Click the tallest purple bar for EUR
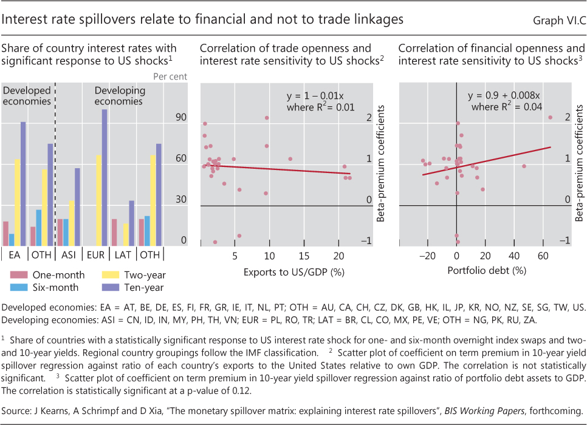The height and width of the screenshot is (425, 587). click(104, 177)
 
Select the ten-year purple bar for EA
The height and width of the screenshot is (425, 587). click(23, 183)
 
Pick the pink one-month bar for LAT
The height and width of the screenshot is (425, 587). click(114, 231)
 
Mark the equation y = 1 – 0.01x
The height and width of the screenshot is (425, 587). click(315, 96)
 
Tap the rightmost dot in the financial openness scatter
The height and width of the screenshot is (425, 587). click(551, 117)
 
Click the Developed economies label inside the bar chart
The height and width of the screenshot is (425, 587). click(27, 96)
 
